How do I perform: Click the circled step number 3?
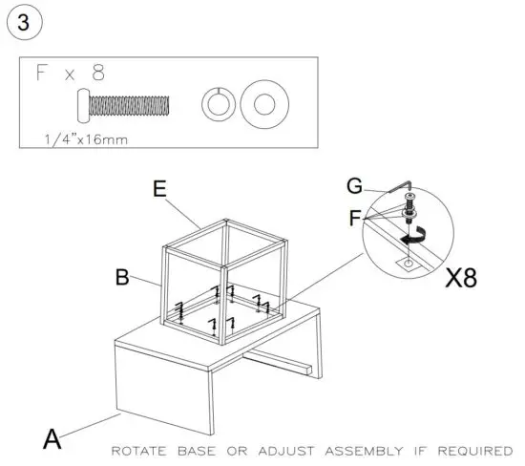point(23,22)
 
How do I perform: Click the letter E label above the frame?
point(161,189)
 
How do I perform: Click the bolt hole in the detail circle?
point(409,260)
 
